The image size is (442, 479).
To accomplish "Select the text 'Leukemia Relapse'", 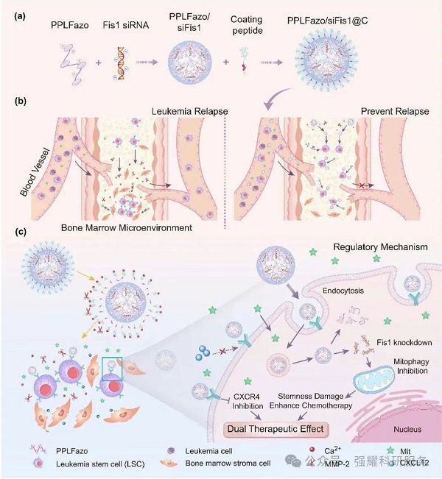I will point(186,111).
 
